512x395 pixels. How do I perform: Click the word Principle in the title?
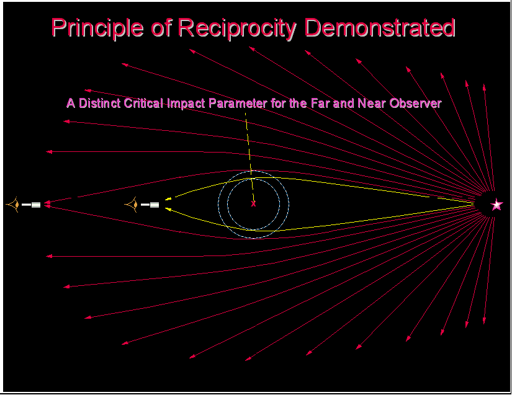tap(97, 29)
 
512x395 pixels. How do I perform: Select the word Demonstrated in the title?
tap(380, 27)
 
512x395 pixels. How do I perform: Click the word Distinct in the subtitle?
tap(99, 103)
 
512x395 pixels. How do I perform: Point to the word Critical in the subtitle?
tap(143, 103)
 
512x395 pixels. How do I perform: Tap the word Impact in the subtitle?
tap(186, 104)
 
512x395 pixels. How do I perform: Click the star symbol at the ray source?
tap(496, 205)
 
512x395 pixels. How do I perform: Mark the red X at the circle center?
tap(253, 204)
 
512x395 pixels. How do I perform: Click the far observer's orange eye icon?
tap(13, 205)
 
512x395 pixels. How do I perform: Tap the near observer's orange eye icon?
tap(132, 205)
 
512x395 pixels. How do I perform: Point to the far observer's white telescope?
tap(31, 205)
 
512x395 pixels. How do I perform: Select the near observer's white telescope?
tap(150, 205)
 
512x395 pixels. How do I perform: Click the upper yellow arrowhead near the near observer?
tap(168, 198)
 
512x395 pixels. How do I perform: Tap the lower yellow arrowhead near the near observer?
tap(168, 209)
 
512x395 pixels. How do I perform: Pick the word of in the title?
tap(161, 29)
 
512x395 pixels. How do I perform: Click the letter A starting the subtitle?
tap(71, 103)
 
